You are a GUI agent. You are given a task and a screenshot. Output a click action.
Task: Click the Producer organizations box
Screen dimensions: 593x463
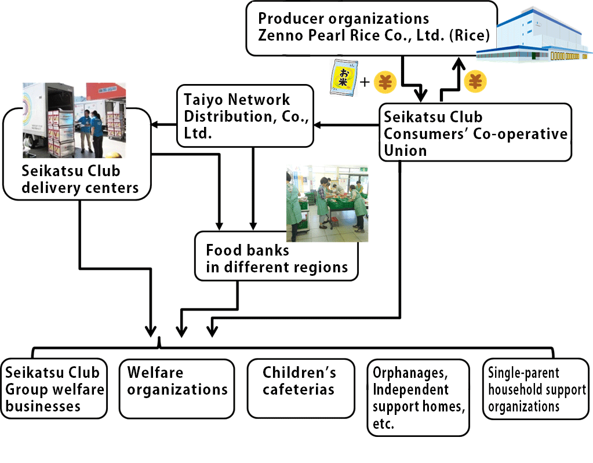(372, 28)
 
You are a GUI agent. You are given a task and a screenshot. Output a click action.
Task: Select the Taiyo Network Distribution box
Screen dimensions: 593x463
(245, 116)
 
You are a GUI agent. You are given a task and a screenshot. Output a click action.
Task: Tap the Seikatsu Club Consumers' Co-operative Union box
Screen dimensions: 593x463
(475, 132)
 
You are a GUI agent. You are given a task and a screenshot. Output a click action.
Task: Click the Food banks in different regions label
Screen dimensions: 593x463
(277, 258)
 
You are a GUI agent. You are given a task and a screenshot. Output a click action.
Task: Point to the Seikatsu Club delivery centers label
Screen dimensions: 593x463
(80, 179)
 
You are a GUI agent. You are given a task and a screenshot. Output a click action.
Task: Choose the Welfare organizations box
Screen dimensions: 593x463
(177, 389)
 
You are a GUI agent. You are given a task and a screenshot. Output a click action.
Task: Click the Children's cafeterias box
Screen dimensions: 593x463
(301, 389)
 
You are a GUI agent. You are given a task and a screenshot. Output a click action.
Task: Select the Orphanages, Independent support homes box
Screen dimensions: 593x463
(419, 398)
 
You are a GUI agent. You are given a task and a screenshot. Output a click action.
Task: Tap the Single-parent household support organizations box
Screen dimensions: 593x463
(536, 389)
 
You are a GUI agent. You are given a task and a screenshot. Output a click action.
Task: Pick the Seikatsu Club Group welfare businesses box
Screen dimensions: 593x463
(54, 389)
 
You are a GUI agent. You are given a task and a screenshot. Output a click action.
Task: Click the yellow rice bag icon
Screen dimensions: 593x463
(344, 78)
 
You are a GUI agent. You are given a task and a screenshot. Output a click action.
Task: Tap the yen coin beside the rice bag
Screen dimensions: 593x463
(385, 82)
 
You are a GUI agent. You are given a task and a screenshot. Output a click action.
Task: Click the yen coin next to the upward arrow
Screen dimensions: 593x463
(475, 81)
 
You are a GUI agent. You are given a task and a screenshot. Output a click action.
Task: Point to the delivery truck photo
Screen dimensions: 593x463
(74, 120)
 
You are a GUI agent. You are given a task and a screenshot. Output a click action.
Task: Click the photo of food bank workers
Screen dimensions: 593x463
(327, 204)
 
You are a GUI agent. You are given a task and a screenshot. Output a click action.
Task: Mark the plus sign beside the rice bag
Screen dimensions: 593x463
(365, 82)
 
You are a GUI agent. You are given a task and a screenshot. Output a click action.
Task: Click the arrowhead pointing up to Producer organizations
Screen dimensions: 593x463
(459, 64)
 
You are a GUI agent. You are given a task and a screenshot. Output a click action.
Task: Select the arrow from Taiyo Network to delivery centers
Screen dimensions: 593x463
(164, 125)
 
